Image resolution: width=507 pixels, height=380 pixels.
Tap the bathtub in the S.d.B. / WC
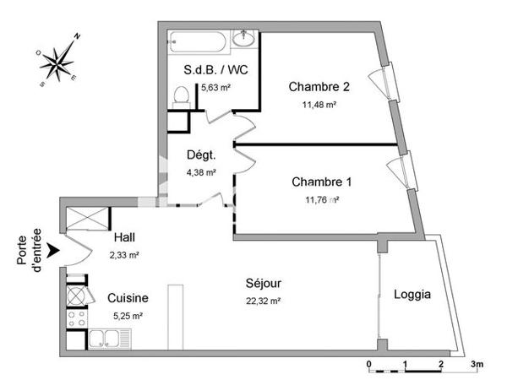coord(197,39)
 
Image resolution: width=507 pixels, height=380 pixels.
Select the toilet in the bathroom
coord(178,96)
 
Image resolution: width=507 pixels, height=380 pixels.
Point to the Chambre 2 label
coord(319,87)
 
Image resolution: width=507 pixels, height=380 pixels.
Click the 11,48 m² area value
coord(319,105)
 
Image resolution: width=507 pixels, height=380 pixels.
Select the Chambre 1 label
coord(321,182)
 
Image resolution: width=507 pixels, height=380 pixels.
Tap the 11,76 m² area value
coord(321,200)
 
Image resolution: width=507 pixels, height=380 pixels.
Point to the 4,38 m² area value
coord(201,172)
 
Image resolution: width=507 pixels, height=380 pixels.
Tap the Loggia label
coord(412,295)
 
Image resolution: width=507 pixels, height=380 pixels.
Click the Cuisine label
coord(128,298)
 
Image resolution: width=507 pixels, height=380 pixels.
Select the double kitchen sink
coord(107,340)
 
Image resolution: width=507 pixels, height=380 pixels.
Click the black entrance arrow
coord(53,250)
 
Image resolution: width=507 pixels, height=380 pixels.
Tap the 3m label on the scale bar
coord(477,365)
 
